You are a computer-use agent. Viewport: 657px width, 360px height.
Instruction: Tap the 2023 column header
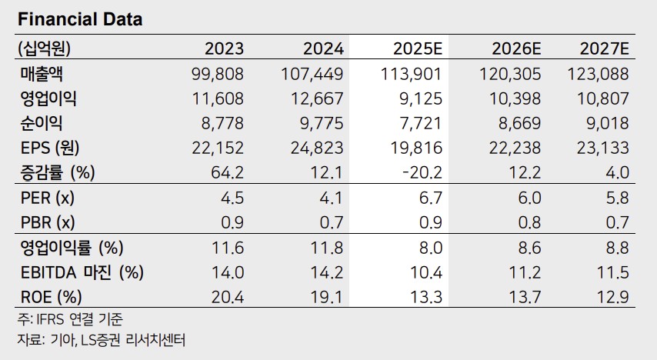[x=224, y=49]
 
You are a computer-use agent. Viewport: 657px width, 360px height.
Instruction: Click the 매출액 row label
[x=43, y=74]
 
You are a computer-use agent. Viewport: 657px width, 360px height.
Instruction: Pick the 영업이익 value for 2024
[x=317, y=98]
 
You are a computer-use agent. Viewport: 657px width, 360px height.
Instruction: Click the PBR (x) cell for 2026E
[x=529, y=223]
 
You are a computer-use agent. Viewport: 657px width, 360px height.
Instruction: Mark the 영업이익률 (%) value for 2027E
[x=617, y=248]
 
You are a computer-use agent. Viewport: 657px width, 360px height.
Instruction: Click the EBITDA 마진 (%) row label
[x=82, y=272]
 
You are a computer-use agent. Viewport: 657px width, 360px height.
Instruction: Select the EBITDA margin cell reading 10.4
[x=429, y=272]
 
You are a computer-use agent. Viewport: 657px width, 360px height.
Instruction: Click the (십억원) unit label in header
[x=43, y=49]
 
